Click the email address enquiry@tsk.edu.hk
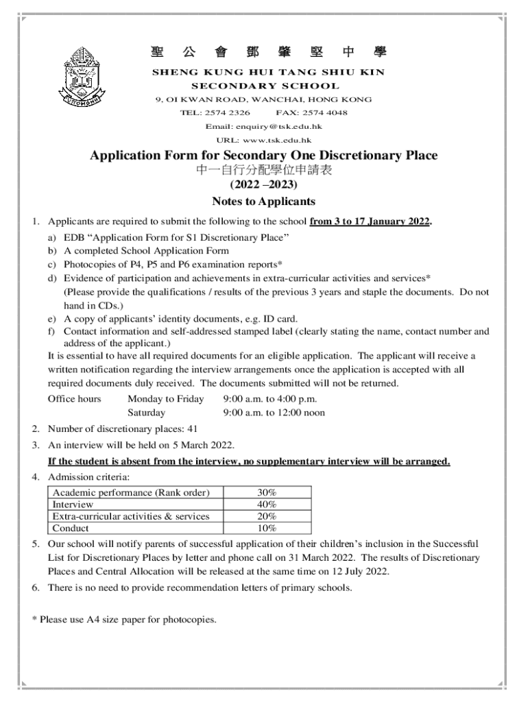coord(263,127)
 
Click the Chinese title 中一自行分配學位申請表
coord(263,171)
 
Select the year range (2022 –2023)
coord(263,185)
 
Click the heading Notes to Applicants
coord(263,202)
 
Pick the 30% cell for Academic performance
coord(266,493)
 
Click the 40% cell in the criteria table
coord(266,505)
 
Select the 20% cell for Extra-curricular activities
coord(266,516)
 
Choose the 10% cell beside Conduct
coord(266,528)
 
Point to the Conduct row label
coord(71,528)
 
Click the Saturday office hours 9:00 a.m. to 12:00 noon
coord(274,413)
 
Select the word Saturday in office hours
coord(146,413)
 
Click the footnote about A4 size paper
coord(124,620)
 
